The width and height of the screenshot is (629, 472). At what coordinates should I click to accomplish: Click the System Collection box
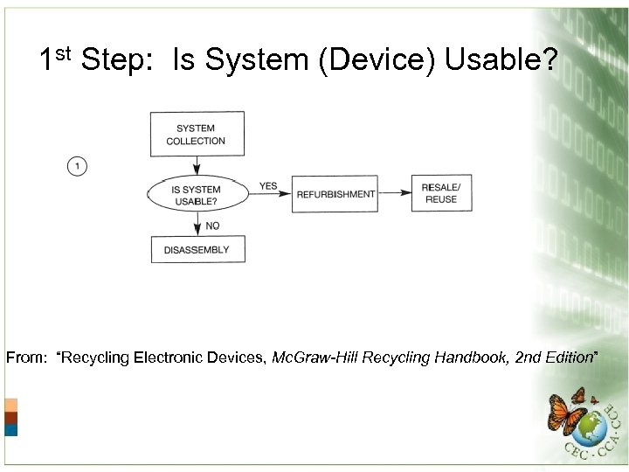click(x=197, y=135)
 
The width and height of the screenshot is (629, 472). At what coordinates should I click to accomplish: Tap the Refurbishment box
click(x=335, y=194)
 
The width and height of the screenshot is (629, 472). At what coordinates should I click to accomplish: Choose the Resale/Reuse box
click(x=440, y=194)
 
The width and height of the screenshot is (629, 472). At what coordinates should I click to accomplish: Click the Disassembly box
click(x=197, y=250)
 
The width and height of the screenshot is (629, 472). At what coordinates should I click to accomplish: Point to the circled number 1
click(x=77, y=165)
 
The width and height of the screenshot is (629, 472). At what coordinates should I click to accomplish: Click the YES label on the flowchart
click(x=268, y=186)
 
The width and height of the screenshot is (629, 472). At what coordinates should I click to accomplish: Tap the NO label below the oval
click(x=212, y=226)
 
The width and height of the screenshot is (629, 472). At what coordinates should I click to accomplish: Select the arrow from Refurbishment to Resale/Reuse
click(x=395, y=194)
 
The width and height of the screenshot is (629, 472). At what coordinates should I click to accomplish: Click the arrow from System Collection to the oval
click(x=197, y=166)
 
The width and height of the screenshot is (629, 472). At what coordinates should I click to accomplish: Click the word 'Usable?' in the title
click(x=501, y=59)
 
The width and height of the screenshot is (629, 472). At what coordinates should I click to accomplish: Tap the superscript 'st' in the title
click(x=63, y=53)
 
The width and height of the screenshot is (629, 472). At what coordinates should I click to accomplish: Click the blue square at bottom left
click(x=10, y=430)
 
